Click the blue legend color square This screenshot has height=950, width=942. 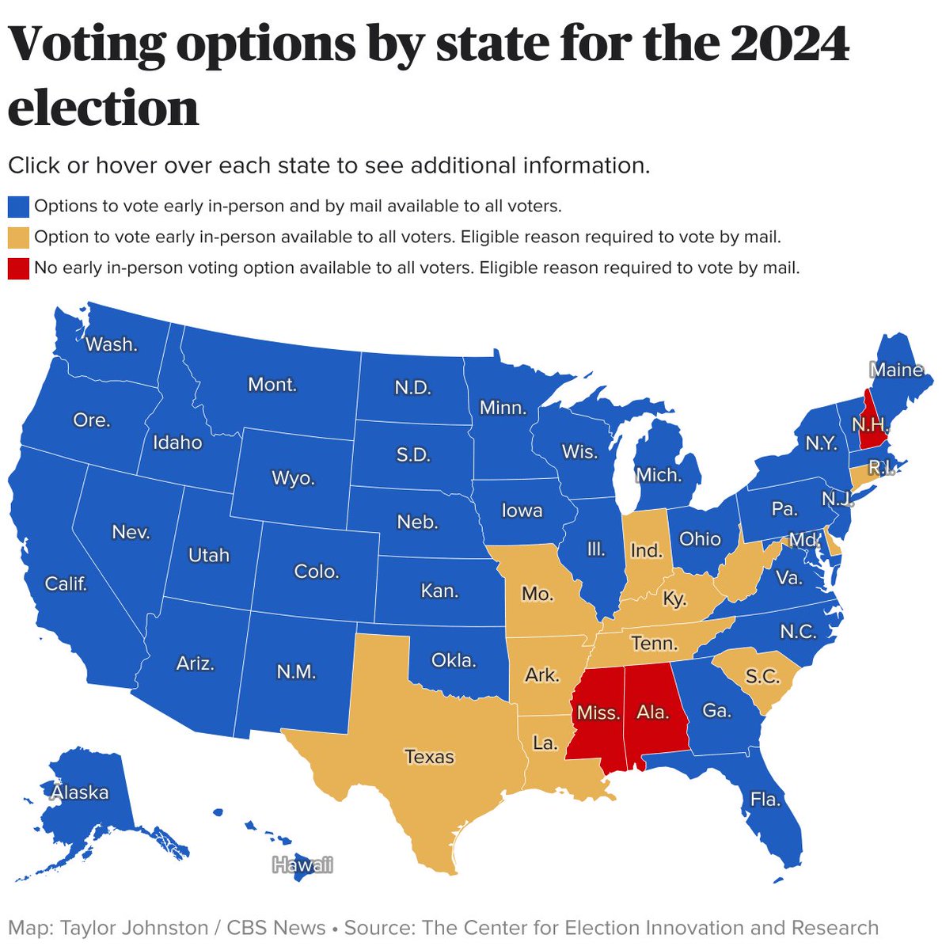tap(18, 207)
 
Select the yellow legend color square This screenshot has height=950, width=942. tap(18, 237)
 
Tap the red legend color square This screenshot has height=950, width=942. tap(18, 268)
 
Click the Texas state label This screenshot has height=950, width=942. tap(430, 757)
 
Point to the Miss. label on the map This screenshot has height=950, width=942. tap(598, 712)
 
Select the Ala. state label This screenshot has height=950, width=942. tap(653, 712)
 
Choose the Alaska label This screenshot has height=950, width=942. tap(80, 792)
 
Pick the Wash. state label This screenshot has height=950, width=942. tap(112, 344)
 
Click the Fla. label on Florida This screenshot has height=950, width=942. tap(765, 800)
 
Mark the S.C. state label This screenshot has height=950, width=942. tap(762, 677)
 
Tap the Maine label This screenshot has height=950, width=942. tap(897, 370)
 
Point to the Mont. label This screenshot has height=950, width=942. tap(272, 385)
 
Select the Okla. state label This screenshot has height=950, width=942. tap(454, 659)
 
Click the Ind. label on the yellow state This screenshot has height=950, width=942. tap(647, 549)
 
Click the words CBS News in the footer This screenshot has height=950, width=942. tap(276, 928)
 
